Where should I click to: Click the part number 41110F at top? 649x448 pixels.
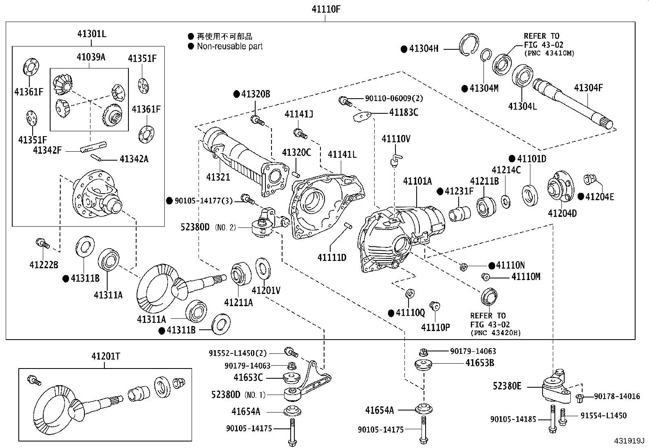[326, 9]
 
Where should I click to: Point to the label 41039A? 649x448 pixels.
[91, 57]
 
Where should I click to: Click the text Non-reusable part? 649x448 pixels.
[230, 46]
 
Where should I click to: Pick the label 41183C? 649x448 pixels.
[403, 112]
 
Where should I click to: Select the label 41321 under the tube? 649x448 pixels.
[218, 177]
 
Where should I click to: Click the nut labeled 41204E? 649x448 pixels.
[589, 179]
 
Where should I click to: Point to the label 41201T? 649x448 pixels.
[106, 357]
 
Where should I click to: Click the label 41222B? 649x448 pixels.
[44, 265]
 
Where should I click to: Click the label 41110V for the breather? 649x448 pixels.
[395, 139]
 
